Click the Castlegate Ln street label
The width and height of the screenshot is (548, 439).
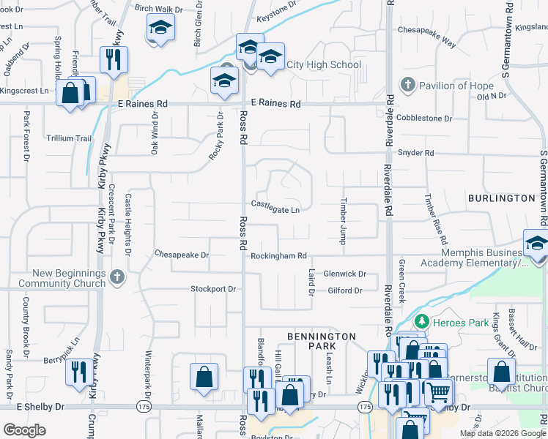coord(275,209)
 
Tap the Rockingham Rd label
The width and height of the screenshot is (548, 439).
coord(278,256)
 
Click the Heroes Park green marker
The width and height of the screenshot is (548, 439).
coord(421,320)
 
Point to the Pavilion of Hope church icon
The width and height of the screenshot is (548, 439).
coord(408,86)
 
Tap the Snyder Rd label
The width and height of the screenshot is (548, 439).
coord(416,153)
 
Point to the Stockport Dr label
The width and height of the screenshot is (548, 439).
coord(213,289)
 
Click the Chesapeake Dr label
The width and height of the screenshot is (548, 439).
coord(182,255)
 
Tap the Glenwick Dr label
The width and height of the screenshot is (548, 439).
coord(345,274)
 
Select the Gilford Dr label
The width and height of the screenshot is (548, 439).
coord(345,290)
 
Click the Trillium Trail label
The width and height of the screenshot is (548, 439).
coord(69,138)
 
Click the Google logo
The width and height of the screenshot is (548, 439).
coord(25,430)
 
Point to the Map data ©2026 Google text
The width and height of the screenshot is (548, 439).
coord(503,433)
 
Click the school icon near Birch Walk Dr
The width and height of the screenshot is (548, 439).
coord(159,29)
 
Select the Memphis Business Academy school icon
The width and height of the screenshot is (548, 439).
coord(536,244)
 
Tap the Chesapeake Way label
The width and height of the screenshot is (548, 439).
coord(426,31)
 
